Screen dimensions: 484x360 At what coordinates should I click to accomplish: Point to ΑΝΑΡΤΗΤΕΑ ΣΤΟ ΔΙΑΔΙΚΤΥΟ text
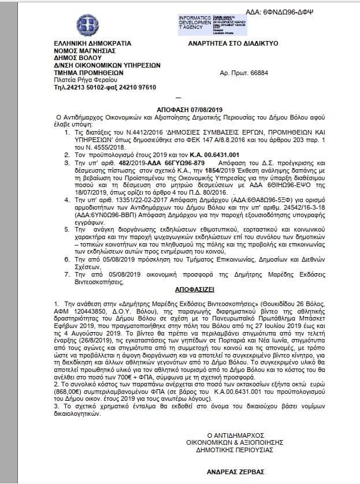[x=233, y=43]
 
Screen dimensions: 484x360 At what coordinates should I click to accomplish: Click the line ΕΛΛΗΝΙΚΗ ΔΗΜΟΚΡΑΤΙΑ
[x=92, y=43]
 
